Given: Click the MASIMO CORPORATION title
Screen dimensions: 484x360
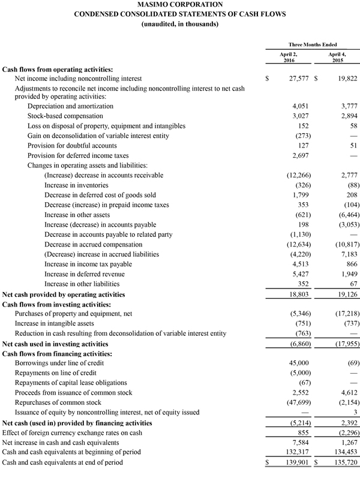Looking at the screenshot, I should click(179, 5).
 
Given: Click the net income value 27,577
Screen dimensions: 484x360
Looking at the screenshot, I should click(297, 78).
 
